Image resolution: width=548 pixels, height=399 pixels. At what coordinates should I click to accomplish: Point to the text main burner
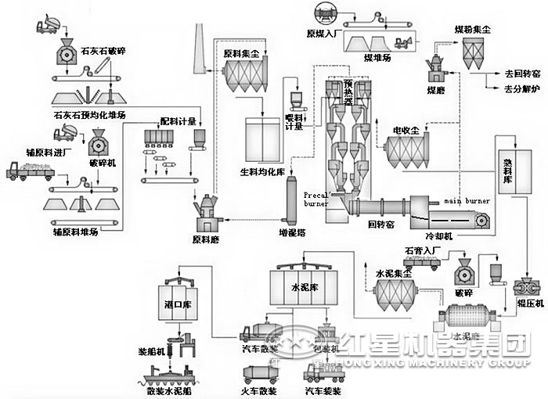pyautogui.click(x=467, y=201)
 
